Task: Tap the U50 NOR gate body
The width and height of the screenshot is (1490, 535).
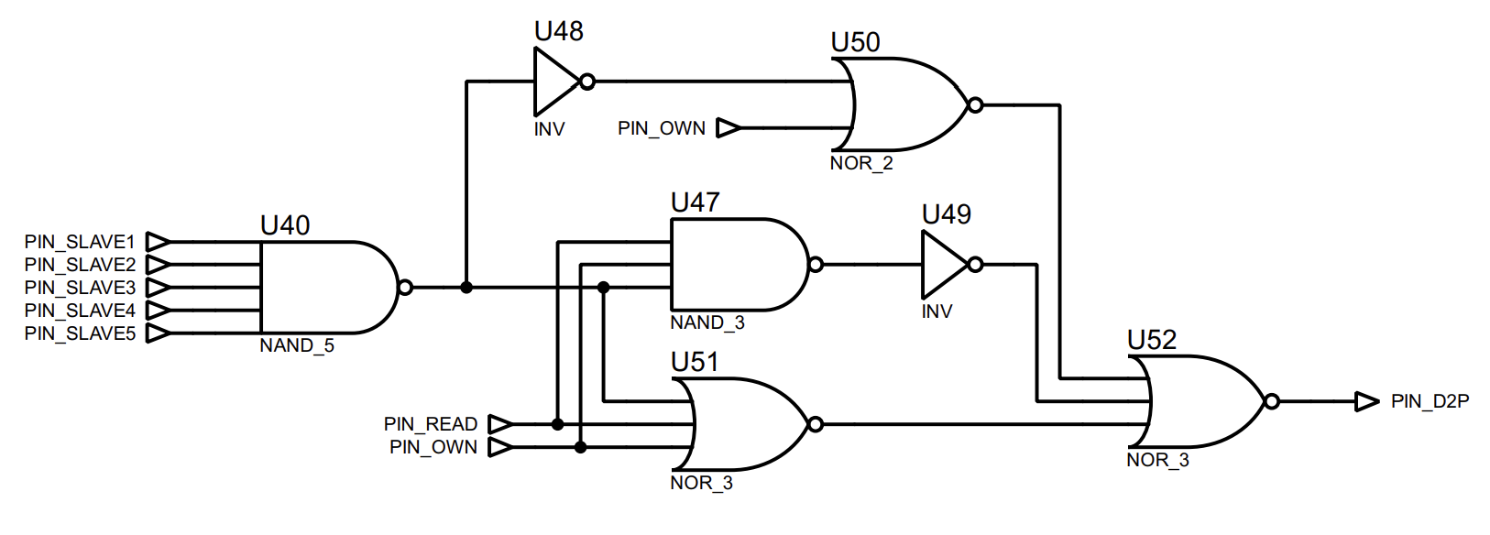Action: coord(904,104)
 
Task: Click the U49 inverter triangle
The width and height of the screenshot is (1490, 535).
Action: coord(943,265)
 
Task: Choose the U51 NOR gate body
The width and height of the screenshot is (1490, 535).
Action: coord(742,424)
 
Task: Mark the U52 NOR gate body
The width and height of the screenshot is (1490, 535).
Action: coord(1200,401)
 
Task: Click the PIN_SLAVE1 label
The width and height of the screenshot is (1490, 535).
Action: coord(80,242)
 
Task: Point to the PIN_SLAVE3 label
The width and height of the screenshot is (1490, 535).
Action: coord(80,288)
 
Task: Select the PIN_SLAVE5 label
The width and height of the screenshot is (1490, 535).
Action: coord(80,333)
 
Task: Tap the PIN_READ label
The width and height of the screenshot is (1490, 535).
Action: coord(431,424)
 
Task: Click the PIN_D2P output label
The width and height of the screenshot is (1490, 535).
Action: coord(1430,401)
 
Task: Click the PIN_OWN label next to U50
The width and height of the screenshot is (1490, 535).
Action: coord(662,128)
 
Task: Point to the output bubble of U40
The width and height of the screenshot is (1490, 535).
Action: coord(406,288)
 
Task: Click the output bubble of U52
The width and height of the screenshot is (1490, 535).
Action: coord(1271,401)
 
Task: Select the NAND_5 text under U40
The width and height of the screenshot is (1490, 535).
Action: coord(297,345)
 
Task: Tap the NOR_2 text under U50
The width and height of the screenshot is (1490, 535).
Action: coord(861,163)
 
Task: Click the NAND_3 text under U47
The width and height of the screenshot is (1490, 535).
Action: coord(707,322)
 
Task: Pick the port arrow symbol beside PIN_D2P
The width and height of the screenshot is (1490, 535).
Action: coord(1367,401)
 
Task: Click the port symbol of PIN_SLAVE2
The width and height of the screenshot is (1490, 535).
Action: coord(158,265)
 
